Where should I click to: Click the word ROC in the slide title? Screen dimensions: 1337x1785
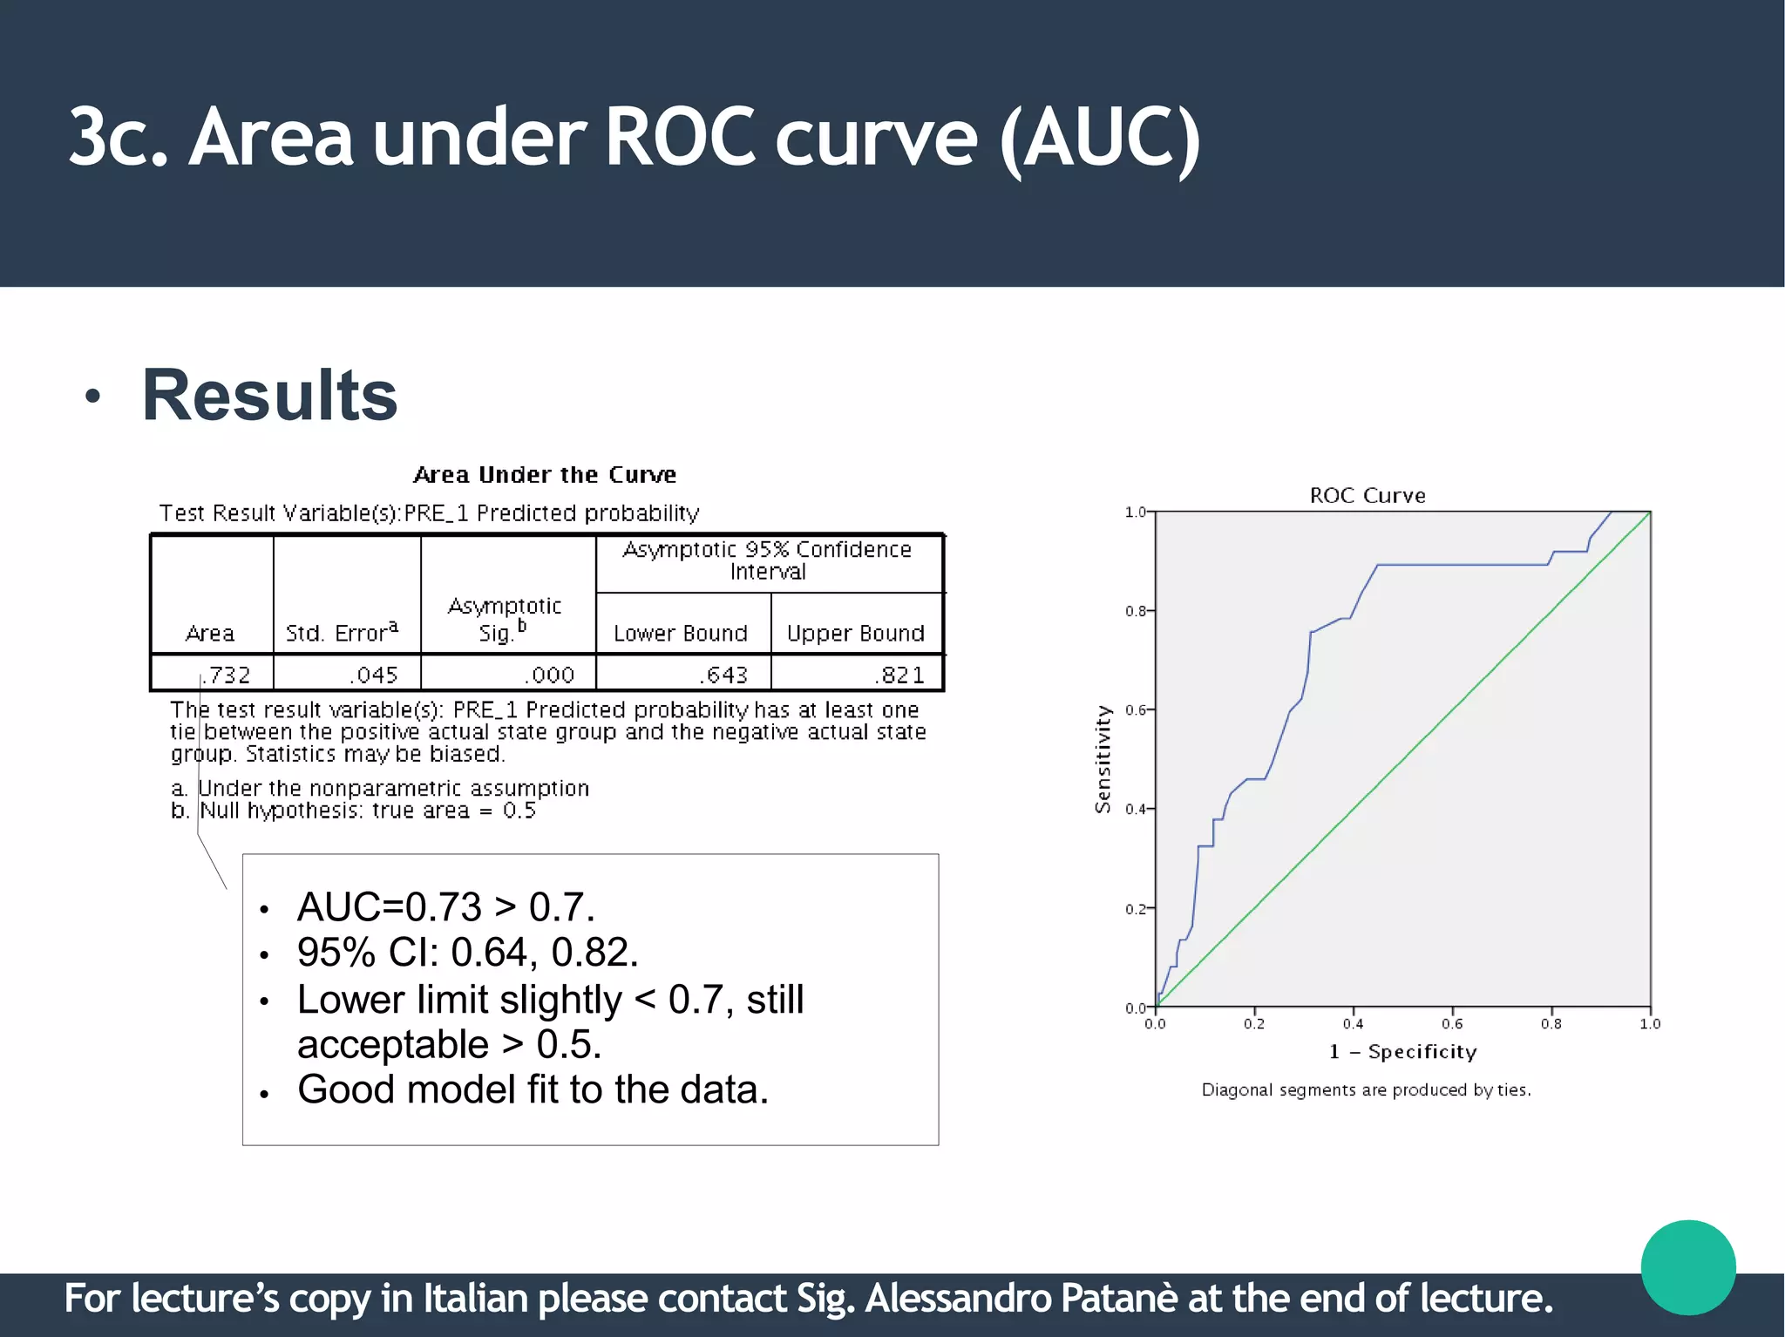point(679,138)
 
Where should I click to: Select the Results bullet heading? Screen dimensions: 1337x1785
point(269,396)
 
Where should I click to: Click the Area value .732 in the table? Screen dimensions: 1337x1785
point(227,675)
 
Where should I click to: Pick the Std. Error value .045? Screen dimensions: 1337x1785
point(374,675)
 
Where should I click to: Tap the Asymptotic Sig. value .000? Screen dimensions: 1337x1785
point(549,675)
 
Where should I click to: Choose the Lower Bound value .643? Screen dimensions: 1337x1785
point(723,675)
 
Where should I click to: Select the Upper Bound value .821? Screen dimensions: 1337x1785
point(899,675)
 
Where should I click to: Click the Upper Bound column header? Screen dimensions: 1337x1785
point(855,634)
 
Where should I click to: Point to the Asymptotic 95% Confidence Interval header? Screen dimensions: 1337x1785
point(767,560)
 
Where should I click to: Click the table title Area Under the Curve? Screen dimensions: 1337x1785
point(545,475)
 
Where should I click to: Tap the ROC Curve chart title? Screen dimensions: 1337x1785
point(1368,496)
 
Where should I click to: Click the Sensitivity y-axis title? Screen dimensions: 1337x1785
point(1103,759)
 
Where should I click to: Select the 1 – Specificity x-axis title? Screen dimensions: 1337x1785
point(1402,1052)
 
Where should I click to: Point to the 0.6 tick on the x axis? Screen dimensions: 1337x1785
point(1452,1024)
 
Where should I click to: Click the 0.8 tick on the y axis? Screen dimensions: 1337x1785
point(1135,611)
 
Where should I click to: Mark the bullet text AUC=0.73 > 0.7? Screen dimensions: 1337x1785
point(445,907)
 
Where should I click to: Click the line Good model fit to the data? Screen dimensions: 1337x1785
point(533,1089)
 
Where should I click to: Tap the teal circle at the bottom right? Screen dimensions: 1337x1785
point(1688,1267)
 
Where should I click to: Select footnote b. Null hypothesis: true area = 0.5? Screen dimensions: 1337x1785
point(353,811)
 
